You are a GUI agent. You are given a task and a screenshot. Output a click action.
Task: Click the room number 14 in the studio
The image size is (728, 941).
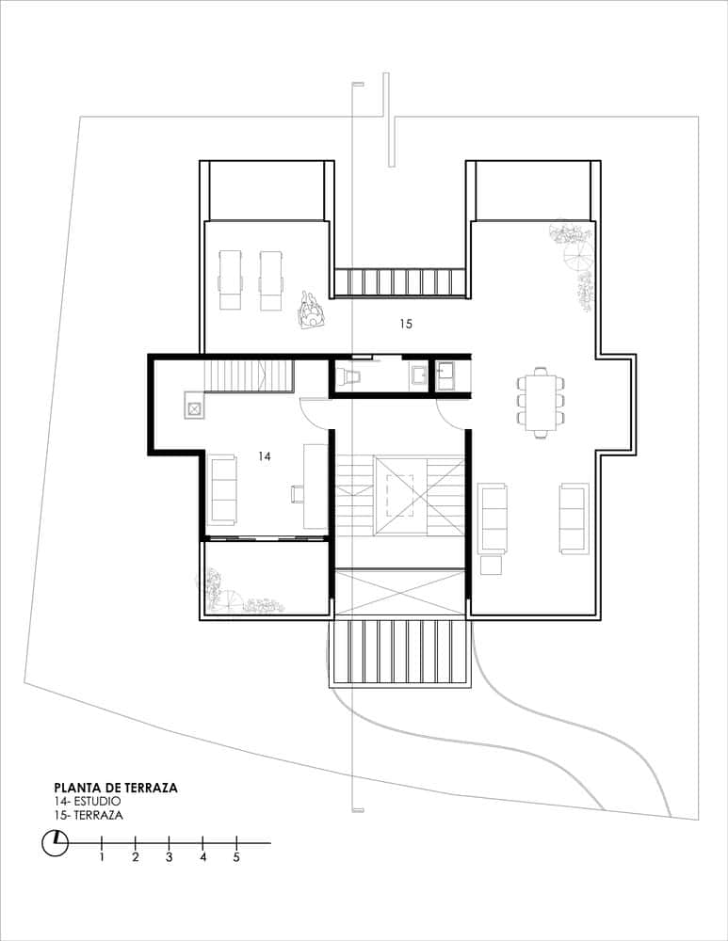[x=265, y=455]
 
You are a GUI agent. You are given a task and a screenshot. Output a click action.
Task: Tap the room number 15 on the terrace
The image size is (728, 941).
[x=406, y=324]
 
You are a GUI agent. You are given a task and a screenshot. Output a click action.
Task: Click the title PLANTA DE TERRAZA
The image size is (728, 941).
[x=116, y=788]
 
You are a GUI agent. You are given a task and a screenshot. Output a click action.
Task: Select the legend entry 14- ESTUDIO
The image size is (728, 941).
[x=88, y=802]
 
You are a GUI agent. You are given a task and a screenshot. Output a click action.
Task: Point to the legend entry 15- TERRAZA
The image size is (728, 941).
[x=89, y=816]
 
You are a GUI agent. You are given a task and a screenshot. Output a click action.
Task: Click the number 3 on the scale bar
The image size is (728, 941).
[x=169, y=857]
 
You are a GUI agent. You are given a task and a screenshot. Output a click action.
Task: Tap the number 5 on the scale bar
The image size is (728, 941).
[x=236, y=857]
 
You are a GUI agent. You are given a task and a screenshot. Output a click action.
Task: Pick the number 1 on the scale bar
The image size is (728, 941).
[x=102, y=857]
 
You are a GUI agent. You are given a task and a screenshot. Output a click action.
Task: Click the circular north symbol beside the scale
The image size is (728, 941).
[x=56, y=842]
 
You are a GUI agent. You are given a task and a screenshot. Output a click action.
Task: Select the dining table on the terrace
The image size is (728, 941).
[x=540, y=402]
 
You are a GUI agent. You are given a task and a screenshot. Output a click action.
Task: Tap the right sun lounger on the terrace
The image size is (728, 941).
[x=271, y=279]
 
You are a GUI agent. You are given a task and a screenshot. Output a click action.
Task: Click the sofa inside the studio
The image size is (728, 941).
[x=222, y=489]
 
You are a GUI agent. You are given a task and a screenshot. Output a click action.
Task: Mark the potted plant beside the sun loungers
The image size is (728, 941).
[x=308, y=311]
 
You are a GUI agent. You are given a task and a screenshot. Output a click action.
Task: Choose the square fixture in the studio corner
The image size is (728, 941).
[x=193, y=409]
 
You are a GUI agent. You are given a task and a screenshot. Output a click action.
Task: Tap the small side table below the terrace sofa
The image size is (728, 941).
[x=491, y=566]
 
